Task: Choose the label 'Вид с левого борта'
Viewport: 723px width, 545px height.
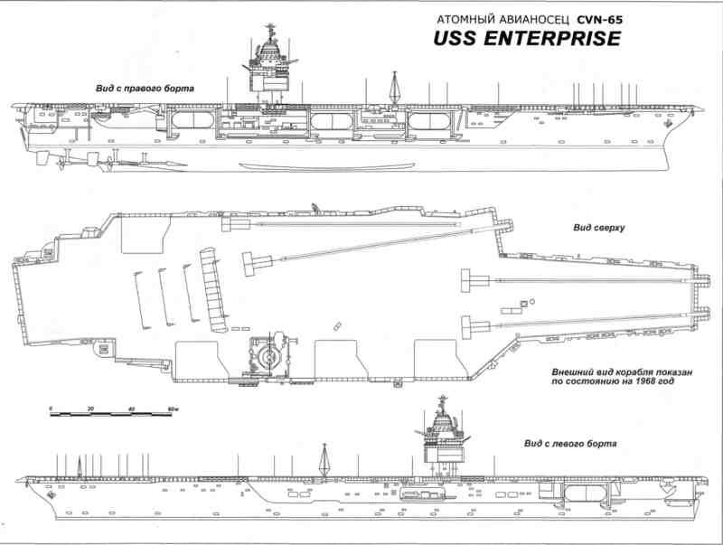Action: pyautogui.click(x=570, y=445)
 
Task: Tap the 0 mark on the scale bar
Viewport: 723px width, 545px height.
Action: pyautogui.click(x=51, y=409)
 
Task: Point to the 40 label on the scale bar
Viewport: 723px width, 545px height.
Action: pyautogui.click(x=132, y=409)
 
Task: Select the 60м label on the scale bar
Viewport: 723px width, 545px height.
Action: pyautogui.click(x=172, y=409)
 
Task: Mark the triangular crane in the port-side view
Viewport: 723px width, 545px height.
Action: pyautogui.click(x=323, y=459)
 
